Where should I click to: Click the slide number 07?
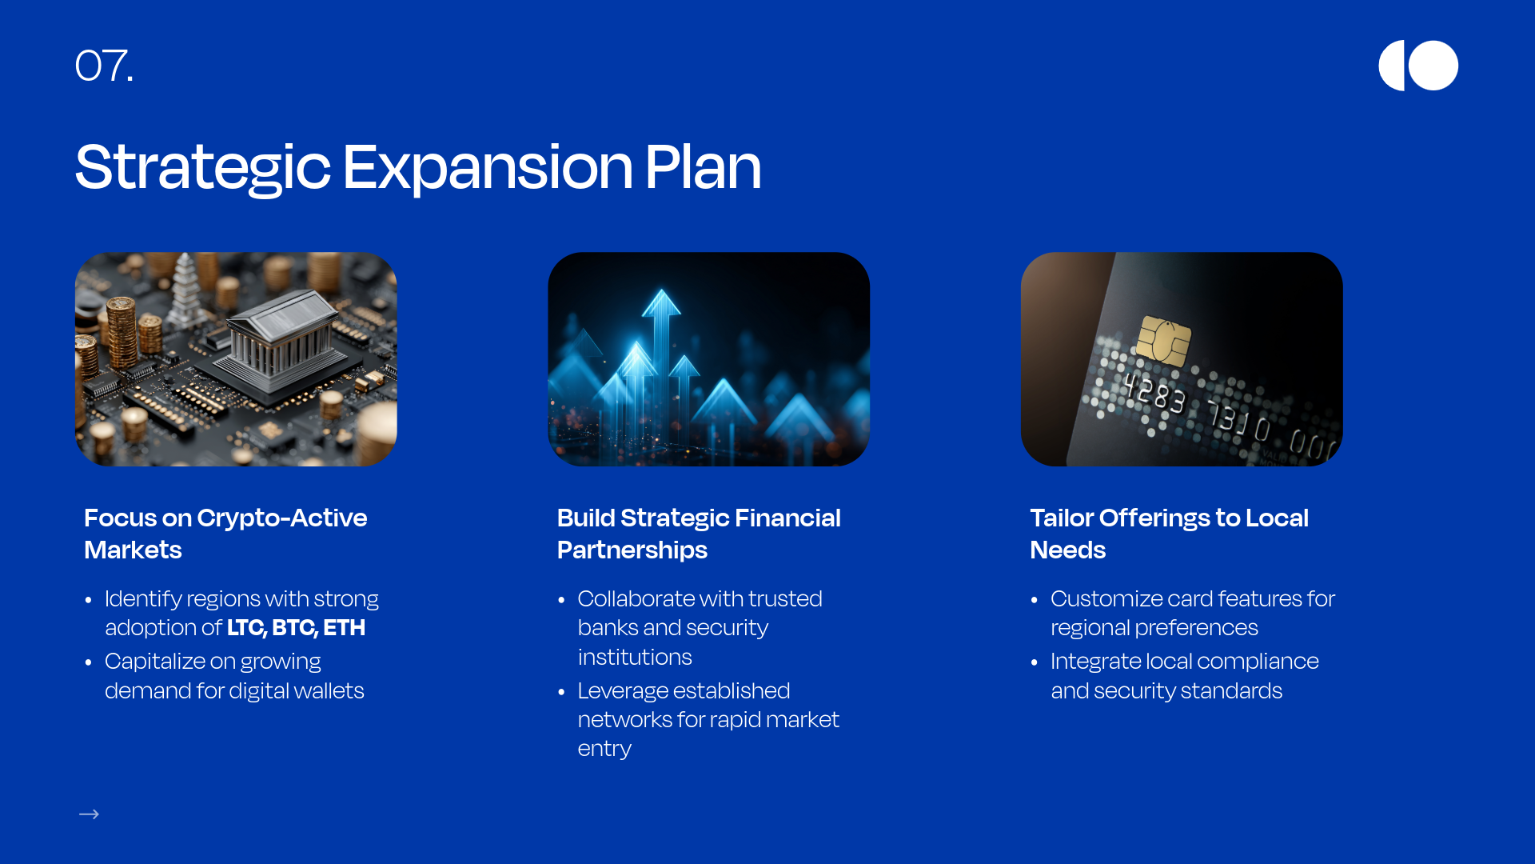(x=104, y=66)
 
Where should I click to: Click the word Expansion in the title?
(x=488, y=167)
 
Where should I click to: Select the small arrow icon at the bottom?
(x=89, y=814)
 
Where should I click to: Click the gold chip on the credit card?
(x=1163, y=341)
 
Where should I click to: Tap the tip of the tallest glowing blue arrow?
(x=662, y=290)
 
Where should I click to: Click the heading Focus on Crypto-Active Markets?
(x=225, y=534)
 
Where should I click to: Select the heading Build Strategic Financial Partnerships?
(x=699, y=534)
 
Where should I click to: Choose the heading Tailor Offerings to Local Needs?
(x=1169, y=534)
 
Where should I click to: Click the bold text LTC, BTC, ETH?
(x=296, y=628)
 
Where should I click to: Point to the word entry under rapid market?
(x=604, y=749)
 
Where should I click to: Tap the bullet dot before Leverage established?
(x=561, y=692)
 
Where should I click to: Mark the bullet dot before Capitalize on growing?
(x=88, y=662)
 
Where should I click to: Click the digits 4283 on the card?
(x=1154, y=393)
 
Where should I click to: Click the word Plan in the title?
(x=703, y=167)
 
